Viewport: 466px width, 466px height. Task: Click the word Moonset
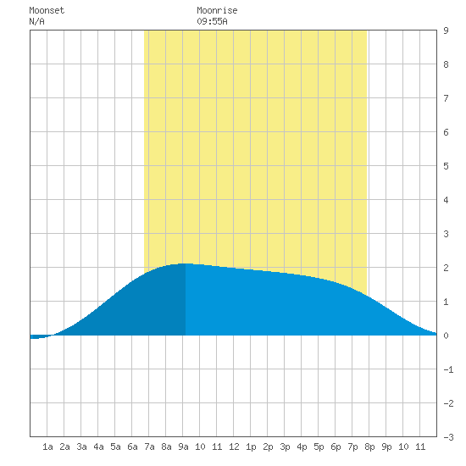[x=47, y=10]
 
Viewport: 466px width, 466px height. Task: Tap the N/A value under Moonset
[x=36, y=21]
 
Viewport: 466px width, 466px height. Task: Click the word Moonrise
[x=217, y=10]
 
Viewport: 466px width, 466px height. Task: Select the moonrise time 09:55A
[x=212, y=21]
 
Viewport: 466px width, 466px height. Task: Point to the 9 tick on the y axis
[x=446, y=31]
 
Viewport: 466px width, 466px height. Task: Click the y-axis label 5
[x=446, y=166]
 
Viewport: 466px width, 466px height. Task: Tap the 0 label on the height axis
[x=446, y=336]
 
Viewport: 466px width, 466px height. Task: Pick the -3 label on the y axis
[x=448, y=437]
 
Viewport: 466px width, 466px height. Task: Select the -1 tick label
[x=448, y=369]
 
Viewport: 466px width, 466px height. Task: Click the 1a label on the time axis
[x=47, y=447]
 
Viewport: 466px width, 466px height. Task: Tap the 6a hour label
[x=132, y=447]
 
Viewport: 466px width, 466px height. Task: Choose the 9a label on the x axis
[x=183, y=447]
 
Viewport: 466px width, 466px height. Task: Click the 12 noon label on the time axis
[x=234, y=447]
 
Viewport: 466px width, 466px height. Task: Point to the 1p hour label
[x=251, y=447]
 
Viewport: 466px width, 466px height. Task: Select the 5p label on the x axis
[x=319, y=447]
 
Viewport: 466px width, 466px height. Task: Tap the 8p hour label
[x=369, y=447]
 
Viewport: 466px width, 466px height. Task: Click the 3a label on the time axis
[x=81, y=447]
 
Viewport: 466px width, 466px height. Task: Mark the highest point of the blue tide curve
[x=185, y=264]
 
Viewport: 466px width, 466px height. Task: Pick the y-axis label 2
[x=446, y=268]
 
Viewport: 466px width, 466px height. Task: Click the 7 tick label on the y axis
[x=446, y=98]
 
